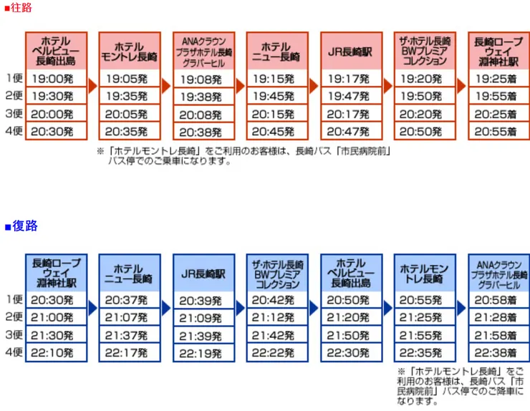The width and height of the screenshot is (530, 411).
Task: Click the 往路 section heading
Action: pos(21,8)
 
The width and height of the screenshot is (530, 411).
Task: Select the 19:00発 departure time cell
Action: pos(56,78)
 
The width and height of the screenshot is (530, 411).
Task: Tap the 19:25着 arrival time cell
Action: pos(498,78)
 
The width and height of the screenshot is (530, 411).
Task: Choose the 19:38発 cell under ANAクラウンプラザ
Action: pos(203,96)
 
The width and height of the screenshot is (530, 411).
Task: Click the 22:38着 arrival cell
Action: pos(498,352)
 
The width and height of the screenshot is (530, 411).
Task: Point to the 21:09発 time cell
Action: pos(203,317)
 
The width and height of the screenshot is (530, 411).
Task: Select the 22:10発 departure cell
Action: pos(56,352)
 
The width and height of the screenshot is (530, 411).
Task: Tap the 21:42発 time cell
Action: pos(277,335)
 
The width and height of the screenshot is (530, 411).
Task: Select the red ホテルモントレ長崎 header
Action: pos(130,51)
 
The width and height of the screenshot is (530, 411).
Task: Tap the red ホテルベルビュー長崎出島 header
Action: pos(56,51)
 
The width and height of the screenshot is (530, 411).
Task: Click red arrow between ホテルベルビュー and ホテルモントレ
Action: pos(92,85)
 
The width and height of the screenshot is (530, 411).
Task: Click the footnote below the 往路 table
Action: pos(244,156)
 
